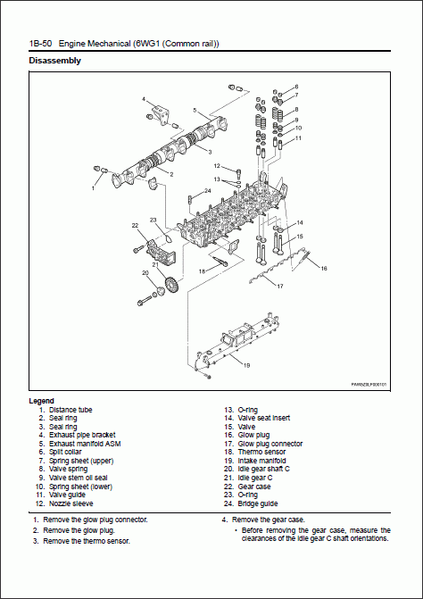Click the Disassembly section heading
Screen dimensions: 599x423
55,61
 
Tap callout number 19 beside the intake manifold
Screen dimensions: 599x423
246,364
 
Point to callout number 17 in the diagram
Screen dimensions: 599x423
279,287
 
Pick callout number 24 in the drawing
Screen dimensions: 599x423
207,190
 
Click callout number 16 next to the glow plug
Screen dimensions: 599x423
324,268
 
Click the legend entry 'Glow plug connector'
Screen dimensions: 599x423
270,442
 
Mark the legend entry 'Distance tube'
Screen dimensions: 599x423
70,409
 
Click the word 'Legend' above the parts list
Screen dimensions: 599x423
41,400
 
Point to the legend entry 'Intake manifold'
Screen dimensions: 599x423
263,460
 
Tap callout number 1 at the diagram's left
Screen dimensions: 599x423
93,188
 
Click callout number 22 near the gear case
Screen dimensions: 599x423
135,226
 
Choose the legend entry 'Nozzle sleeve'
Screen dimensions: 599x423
74,503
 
